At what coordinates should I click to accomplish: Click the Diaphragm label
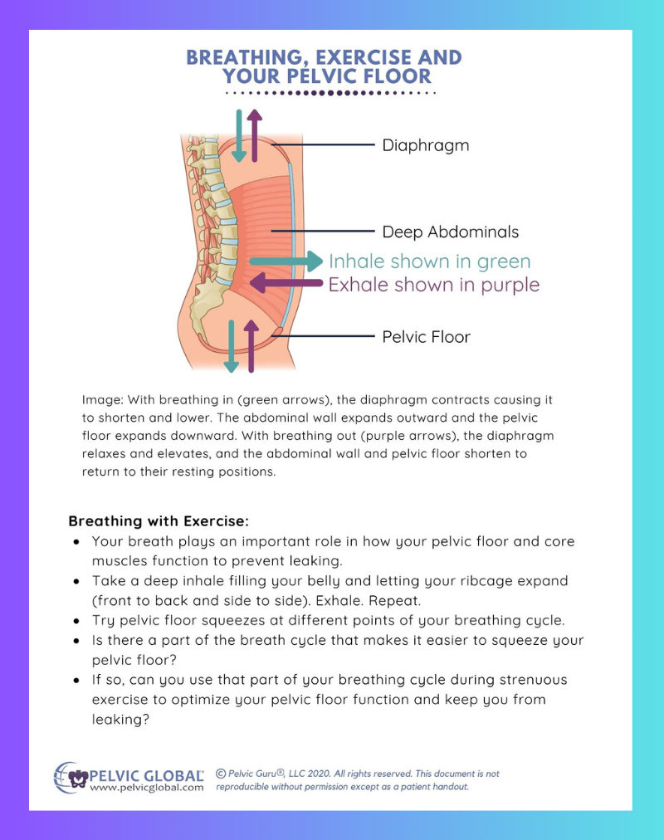click(425, 146)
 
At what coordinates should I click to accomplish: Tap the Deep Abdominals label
click(451, 232)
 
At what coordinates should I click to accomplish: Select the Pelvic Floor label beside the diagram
click(427, 337)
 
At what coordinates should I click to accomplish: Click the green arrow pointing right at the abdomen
click(286, 261)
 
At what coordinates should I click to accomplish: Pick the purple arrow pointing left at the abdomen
click(286, 283)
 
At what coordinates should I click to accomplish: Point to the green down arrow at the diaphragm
click(239, 136)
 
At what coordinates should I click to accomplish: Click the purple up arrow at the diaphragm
click(255, 136)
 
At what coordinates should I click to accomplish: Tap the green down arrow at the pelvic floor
click(232, 346)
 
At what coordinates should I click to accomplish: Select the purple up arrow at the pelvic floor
click(251, 346)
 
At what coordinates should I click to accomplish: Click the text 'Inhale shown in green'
click(429, 261)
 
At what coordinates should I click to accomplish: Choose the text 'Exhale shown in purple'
click(434, 285)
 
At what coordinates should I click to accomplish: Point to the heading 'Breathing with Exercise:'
click(159, 521)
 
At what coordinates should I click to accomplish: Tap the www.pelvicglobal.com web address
click(147, 788)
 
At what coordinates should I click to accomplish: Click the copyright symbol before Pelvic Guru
click(221, 774)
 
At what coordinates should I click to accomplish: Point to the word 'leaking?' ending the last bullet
click(120, 720)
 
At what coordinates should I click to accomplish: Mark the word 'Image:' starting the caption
click(103, 400)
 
